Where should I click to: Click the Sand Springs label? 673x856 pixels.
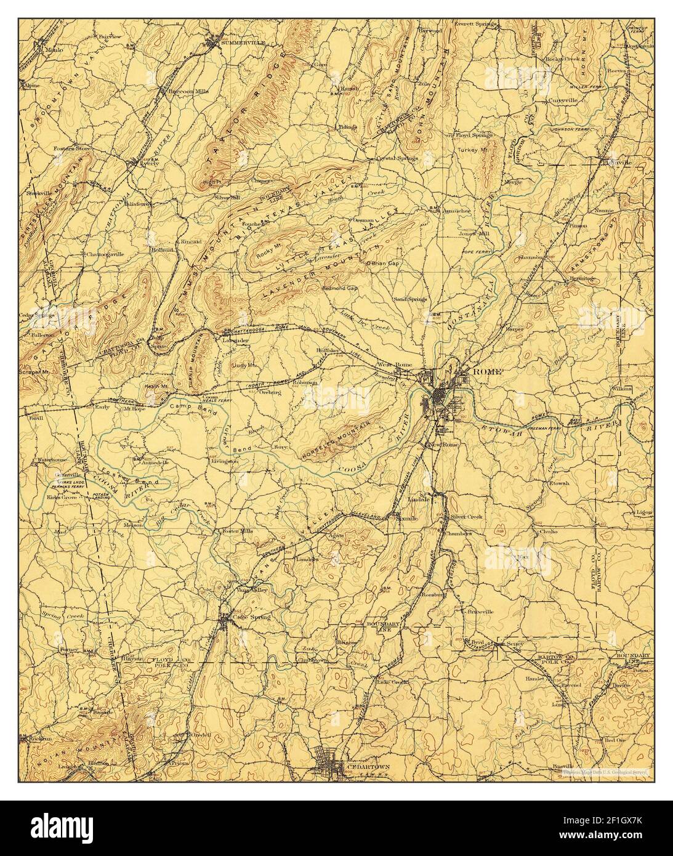click(x=410, y=300)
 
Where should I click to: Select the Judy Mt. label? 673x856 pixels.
click(x=244, y=365)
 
